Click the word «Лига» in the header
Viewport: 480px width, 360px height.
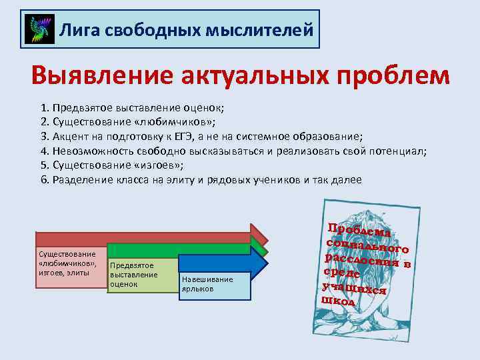pos(75,29)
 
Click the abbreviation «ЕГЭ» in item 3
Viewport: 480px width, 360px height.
pos(215,137)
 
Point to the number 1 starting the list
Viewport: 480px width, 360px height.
pos(43,107)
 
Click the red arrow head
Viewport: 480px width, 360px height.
pos(259,237)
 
